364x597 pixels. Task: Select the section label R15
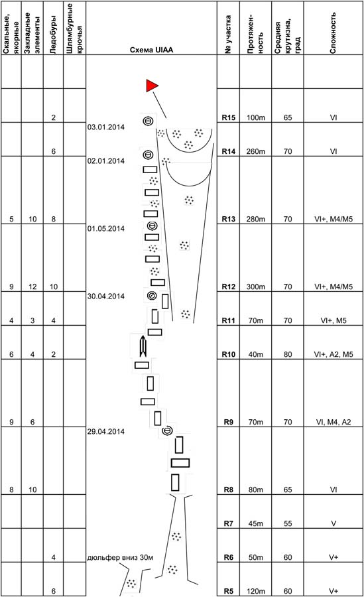tap(229, 117)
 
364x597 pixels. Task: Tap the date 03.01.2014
tap(106, 127)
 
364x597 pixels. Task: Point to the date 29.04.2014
tap(106, 432)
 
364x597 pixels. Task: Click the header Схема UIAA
tap(152, 50)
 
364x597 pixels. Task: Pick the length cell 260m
tap(255, 151)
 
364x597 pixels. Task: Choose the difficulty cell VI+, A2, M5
tap(334, 354)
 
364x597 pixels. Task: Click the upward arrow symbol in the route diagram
tap(143, 346)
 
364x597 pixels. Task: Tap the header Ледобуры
tap(53, 34)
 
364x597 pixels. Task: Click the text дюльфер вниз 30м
tap(120, 557)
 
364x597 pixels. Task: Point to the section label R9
tap(229, 423)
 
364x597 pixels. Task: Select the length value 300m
tap(255, 287)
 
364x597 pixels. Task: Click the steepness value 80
tap(288, 354)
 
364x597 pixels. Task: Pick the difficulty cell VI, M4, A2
tap(334, 423)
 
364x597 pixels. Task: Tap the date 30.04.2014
tap(106, 297)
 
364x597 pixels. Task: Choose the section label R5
tap(229, 591)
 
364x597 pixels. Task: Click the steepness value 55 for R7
tap(288, 523)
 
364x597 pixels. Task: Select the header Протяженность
tap(255, 34)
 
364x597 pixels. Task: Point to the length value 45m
tap(255, 523)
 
